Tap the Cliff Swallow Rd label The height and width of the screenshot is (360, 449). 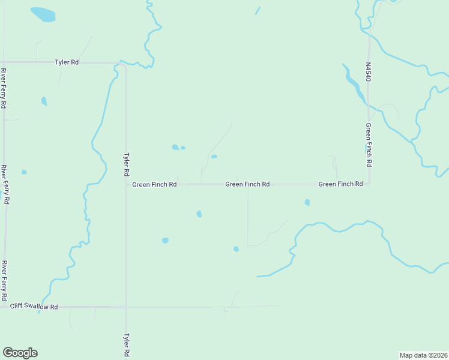pos(34,307)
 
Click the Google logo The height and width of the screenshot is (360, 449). pos(20,353)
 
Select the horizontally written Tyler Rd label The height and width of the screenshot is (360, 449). pos(67,62)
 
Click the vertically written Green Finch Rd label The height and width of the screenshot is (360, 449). pos(369,146)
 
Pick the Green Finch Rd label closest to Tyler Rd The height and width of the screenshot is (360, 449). pos(154,184)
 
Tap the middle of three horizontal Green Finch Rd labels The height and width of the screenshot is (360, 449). pos(247,184)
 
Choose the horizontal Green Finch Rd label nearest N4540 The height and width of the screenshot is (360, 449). pos(340,184)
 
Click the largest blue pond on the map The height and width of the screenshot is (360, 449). pos(43,14)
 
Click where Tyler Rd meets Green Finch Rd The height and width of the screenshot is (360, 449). pos(126,184)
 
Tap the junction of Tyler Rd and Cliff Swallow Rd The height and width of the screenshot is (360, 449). pos(126,307)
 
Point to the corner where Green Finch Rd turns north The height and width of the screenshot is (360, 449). pos(369,184)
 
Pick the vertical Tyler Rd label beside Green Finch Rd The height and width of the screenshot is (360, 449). pos(126,163)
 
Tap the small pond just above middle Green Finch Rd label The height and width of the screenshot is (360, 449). pos(214,157)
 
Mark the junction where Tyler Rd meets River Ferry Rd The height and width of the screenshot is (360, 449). pos(4,62)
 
